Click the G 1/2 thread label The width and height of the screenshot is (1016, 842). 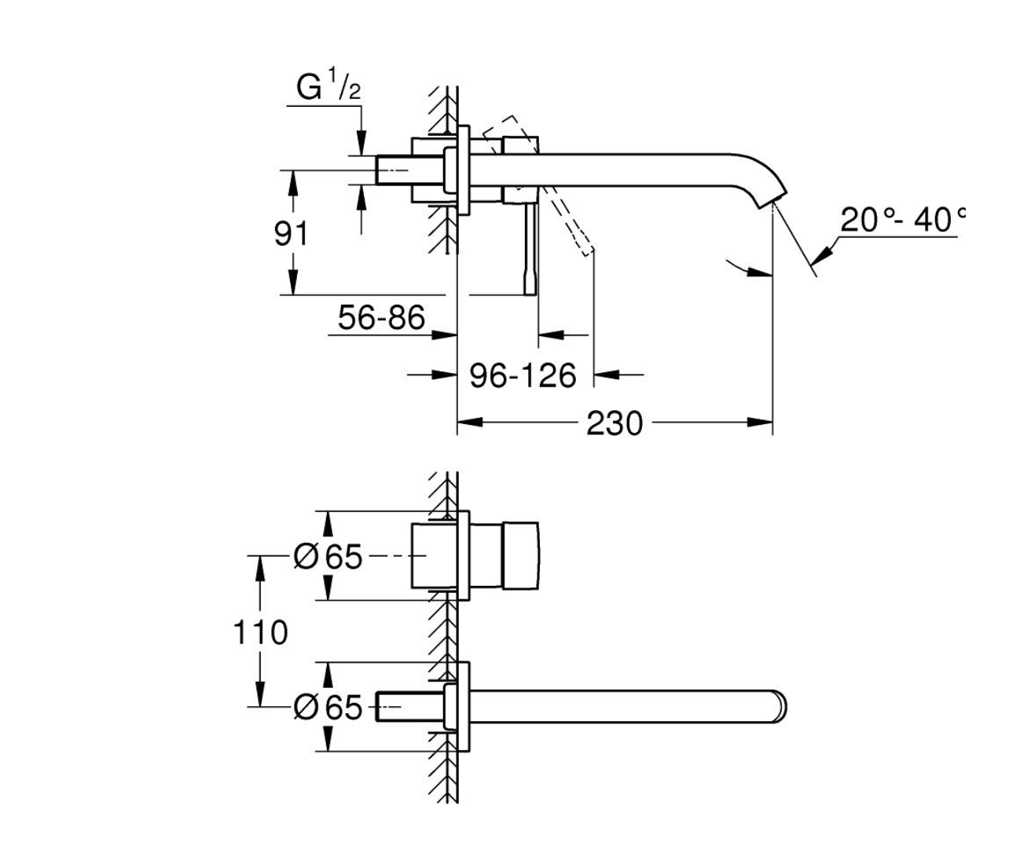(328, 88)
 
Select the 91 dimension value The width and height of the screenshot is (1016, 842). (292, 234)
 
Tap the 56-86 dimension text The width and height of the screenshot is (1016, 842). (381, 318)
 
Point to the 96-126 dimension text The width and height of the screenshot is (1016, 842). (523, 376)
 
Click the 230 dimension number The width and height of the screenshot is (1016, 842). (614, 423)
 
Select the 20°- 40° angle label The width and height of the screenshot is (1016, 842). (900, 221)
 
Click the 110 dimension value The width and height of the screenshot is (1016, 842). (260, 631)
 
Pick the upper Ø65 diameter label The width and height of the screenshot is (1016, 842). (328, 557)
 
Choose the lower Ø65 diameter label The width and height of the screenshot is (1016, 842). (328, 708)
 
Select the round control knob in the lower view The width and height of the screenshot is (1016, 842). (521, 555)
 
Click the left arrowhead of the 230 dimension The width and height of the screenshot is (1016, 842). (468, 423)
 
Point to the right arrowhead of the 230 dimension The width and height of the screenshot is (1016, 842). (762, 423)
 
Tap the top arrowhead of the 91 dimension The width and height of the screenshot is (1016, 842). (292, 180)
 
